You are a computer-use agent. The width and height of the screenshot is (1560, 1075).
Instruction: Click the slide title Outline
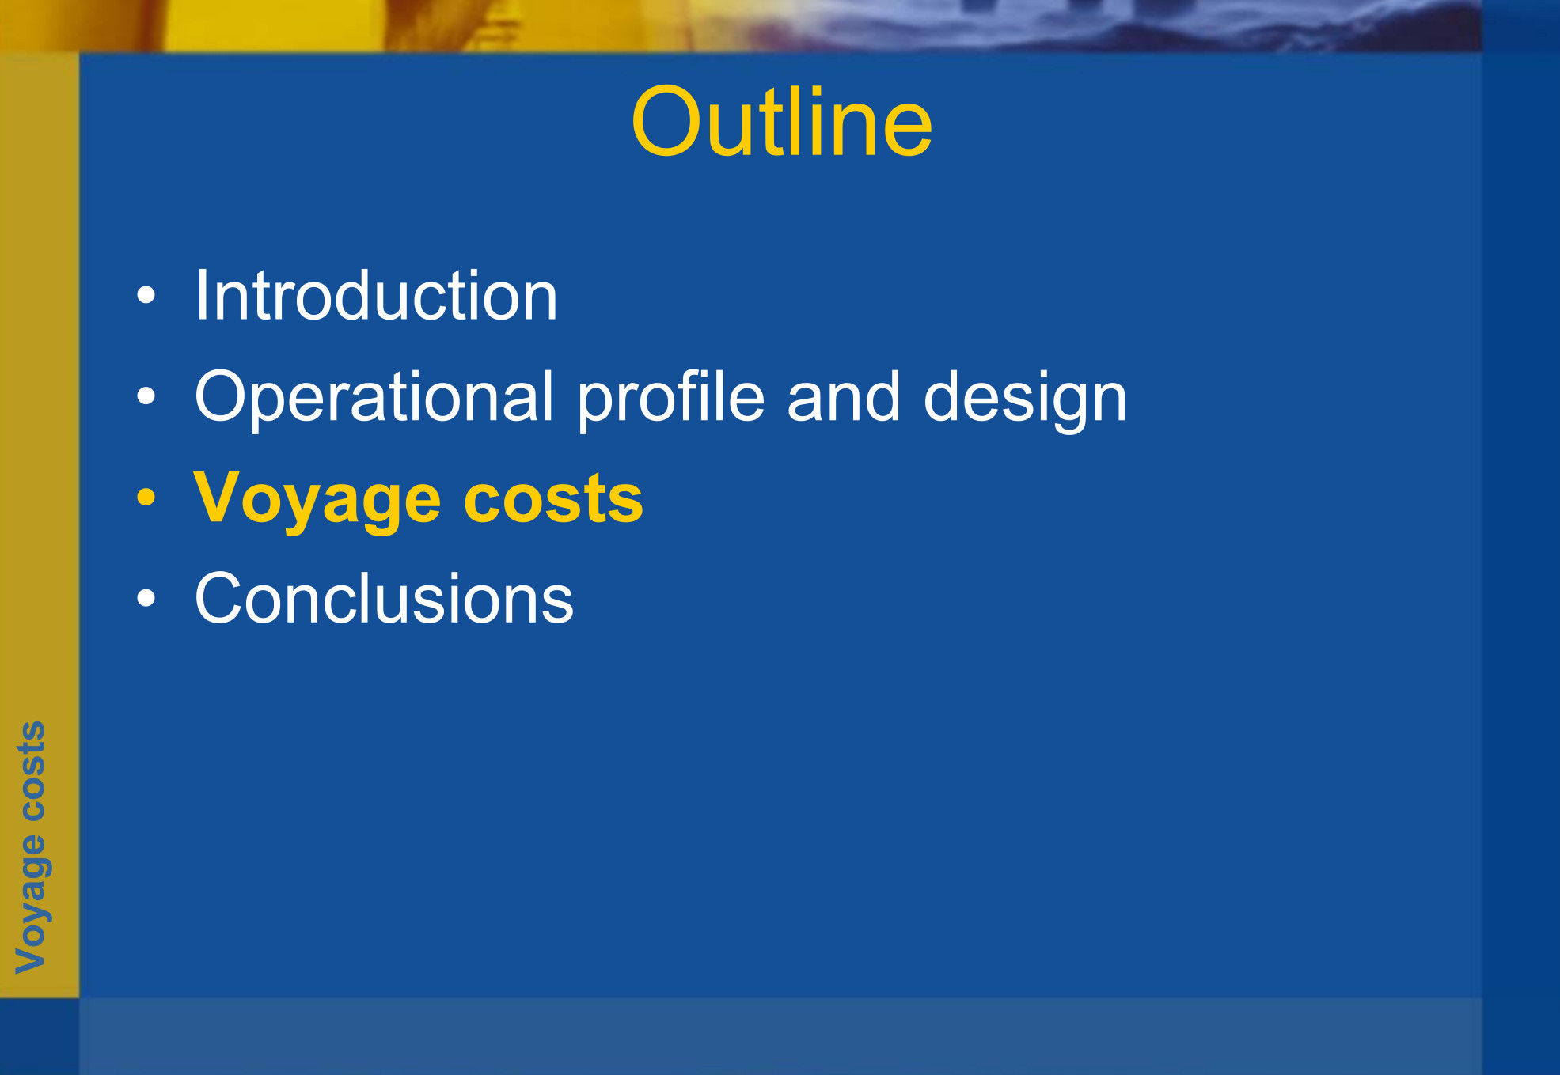pyautogui.click(x=781, y=122)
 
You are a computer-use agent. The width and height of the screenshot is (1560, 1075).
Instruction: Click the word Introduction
pyautogui.click(x=377, y=295)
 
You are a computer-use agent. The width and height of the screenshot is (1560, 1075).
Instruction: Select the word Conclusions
pyautogui.click(x=384, y=598)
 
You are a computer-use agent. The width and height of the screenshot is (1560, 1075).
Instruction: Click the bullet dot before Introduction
pyautogui.click(x=146, y=296)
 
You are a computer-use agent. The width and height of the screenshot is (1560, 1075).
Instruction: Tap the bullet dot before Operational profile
pyautogui.click(x=146, y=396)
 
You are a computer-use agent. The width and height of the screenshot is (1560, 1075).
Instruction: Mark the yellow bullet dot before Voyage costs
pyautogui.click(x=146, y=497)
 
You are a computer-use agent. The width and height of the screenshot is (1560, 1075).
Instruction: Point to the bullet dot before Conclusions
pyautogui.click(x=146, y=598)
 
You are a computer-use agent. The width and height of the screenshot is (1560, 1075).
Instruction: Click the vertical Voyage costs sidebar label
pyautogui.click(x=32, y=847)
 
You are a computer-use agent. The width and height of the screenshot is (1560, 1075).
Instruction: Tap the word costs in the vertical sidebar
pyautogui.click(x=32, y=770)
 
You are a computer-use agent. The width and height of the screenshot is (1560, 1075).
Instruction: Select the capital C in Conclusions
pyautogui.click(x=219, y=598)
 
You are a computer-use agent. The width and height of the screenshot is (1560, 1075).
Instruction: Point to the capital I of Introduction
pyautogui.click(x=202, y=295)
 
